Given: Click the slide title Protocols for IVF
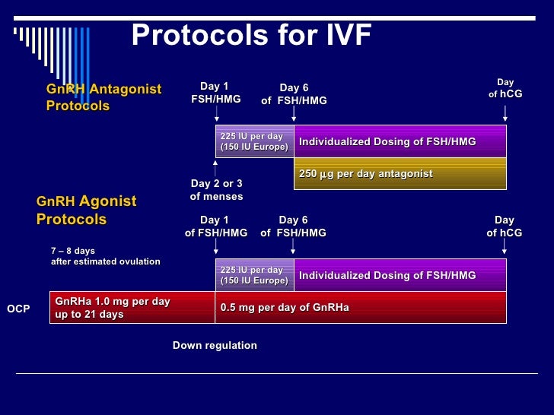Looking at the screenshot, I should [251, 35].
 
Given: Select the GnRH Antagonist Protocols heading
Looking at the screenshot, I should [103, 97].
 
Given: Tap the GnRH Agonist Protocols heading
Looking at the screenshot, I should [86, 211].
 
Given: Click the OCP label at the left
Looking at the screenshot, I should [18, 309].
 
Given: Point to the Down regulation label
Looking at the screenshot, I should [215, 345].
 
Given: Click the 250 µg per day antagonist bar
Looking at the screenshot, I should [400, 174].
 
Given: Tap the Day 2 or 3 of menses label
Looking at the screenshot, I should [216, 190].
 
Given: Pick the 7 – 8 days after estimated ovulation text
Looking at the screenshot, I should [105, 256].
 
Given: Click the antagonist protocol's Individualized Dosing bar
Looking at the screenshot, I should [400, 141].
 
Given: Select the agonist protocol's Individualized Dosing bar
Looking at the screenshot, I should [400, 275].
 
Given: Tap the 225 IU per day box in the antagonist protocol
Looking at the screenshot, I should [254, 141].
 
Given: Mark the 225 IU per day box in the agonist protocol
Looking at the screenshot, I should [254, 275].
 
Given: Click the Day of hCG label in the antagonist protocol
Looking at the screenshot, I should [505, 88].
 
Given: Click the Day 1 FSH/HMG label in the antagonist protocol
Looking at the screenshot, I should [216, 93].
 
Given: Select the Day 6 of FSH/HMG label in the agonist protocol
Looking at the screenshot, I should [294, 227].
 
